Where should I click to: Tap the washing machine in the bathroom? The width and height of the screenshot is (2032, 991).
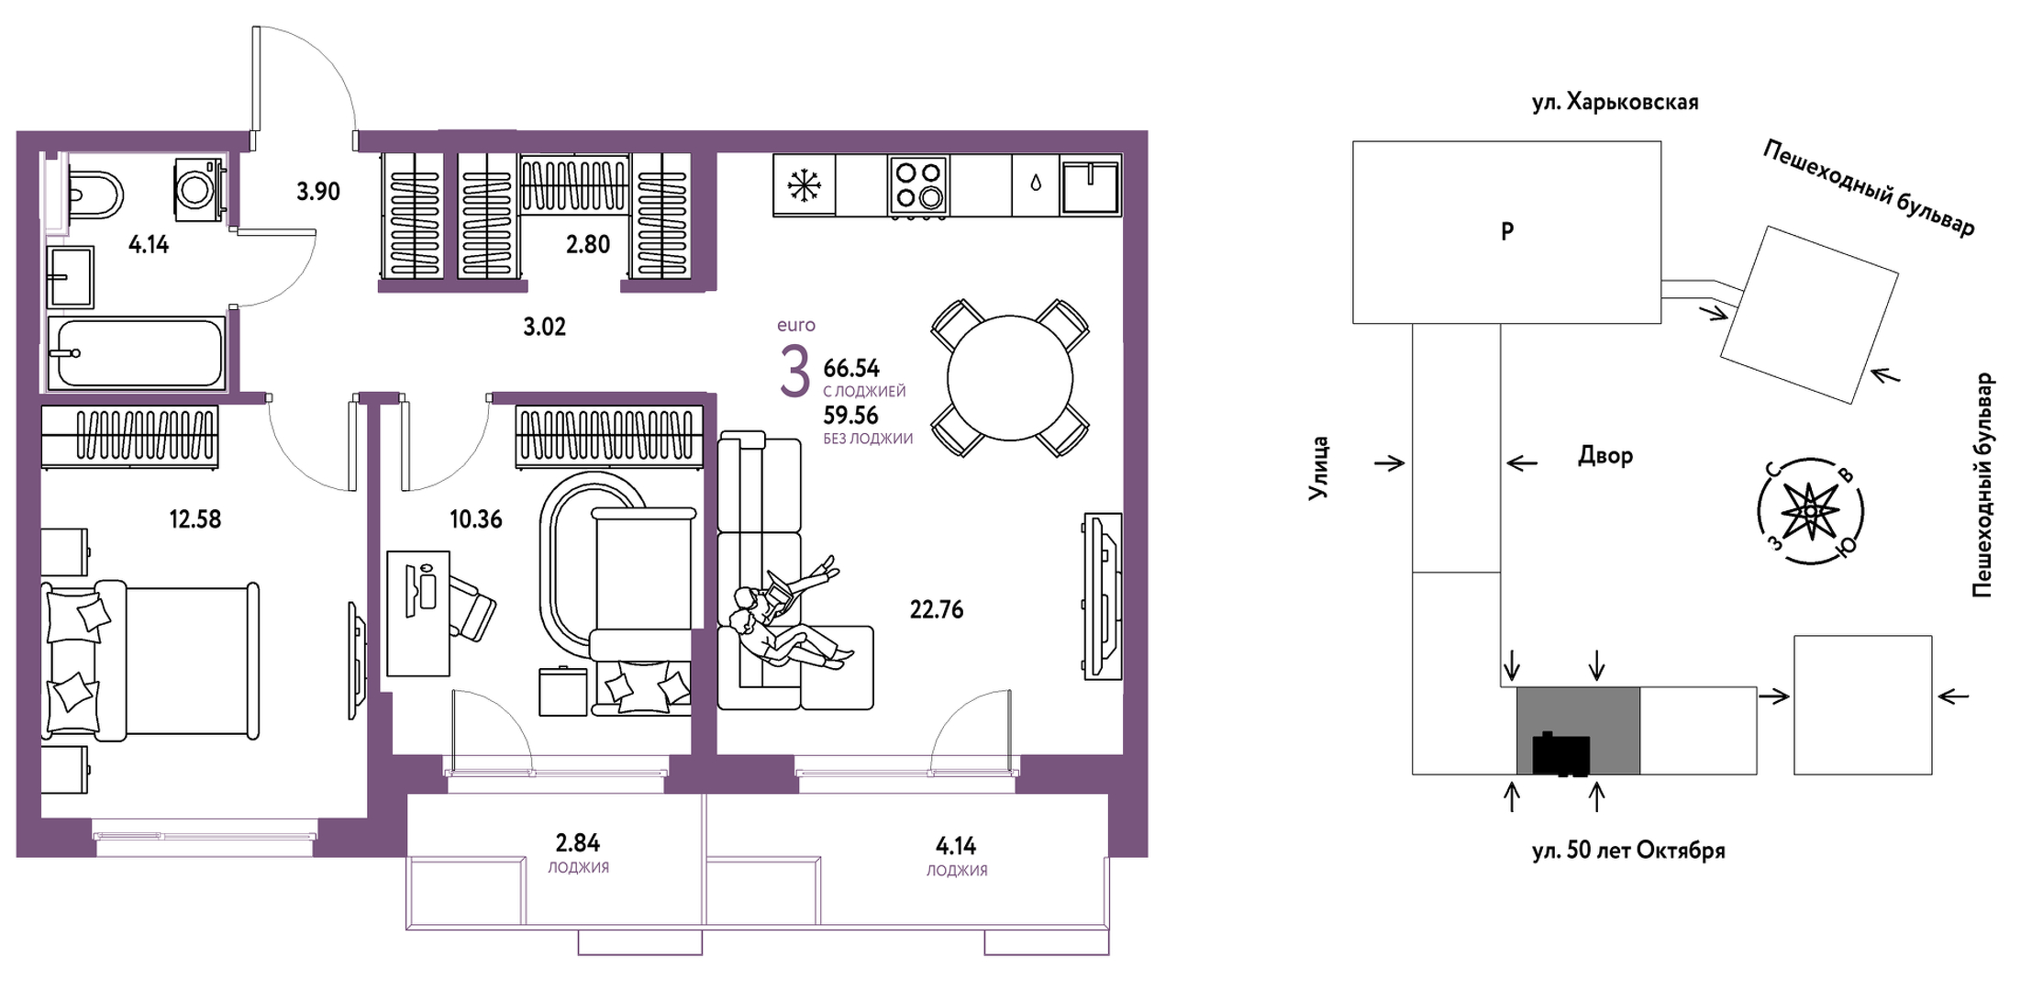click(x=198, y=189)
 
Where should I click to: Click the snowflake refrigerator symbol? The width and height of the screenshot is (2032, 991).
click(x=805, y=185)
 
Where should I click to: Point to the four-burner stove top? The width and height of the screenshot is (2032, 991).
click(x=918, y=185)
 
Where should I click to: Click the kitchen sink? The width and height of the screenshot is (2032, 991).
click(x=1091, y=185)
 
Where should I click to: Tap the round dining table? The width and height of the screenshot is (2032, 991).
click(x=1010, y=378)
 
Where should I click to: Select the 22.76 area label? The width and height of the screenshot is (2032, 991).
click(x=937, y=609)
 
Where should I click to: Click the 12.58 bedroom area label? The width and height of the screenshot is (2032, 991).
click(x=195, y=519)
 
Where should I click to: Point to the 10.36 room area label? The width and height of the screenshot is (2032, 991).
click(x=476, y=519)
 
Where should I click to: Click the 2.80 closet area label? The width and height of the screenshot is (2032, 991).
click(x=588, y=244)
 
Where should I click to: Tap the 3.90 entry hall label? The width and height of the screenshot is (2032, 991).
click(x=318, y=192)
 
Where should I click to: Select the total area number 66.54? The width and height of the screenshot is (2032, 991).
click(x=851, y=368)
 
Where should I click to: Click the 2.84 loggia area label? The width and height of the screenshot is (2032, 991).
click(x=578, y=842)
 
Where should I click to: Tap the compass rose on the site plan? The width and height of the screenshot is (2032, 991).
click(x=1810, y=510)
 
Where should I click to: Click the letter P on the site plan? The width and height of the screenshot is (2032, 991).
click(x=1507, y=231)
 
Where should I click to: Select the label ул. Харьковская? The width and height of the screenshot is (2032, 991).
click(x=1616, y=102)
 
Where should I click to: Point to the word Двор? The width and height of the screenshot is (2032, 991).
click(x=1605, y=456)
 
